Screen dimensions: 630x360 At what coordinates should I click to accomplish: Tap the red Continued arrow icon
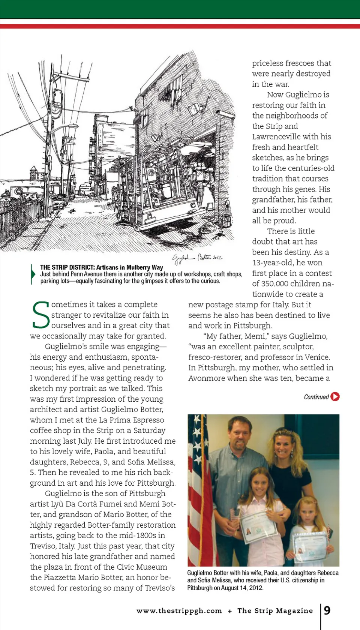click(335, 396)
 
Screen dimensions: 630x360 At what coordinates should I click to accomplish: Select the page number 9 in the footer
click(327, 610)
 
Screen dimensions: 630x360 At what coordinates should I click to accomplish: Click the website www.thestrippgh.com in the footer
click(179, 610)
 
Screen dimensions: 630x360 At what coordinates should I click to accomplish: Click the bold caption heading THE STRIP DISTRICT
click(67, 267)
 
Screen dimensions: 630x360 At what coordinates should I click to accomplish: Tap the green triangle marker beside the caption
click(33, 274)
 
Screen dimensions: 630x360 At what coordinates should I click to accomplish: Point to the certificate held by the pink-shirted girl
click(258, 527)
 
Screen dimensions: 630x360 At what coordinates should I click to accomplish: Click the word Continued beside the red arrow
click(316, 397)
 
